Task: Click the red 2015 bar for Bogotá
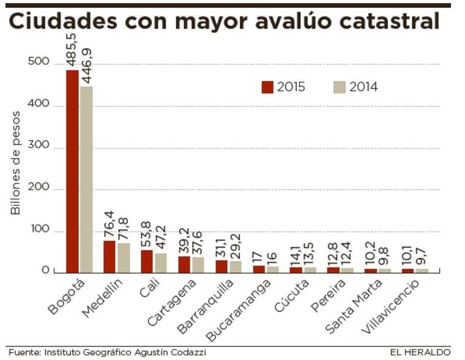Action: click(72, 171)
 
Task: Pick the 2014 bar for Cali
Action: click(160, 263)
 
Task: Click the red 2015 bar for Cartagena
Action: click(184, 264)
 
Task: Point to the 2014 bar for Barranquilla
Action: click(236, 266)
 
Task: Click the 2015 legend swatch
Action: click(267, 87)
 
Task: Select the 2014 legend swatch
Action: click(340, 87)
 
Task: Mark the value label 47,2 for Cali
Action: click(161, 235)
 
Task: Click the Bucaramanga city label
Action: click(234, 309)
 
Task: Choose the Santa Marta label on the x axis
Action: click(353, 306)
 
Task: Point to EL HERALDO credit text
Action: click(420, 352)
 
